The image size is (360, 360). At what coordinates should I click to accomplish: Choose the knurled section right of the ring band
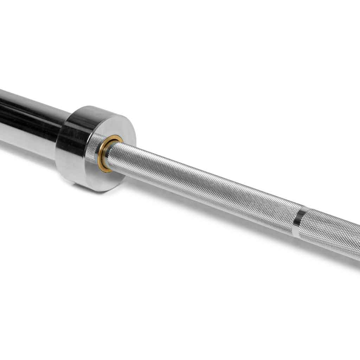[334, 236]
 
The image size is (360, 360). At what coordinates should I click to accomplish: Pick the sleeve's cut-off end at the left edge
[1, 116]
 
